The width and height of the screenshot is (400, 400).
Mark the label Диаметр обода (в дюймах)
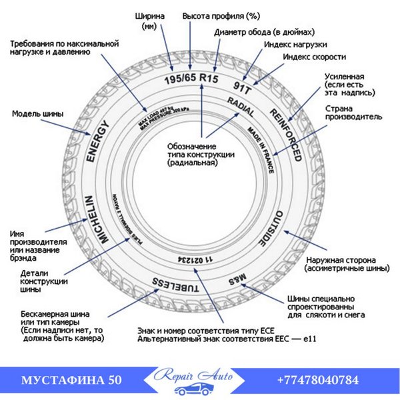pos(265,31)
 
